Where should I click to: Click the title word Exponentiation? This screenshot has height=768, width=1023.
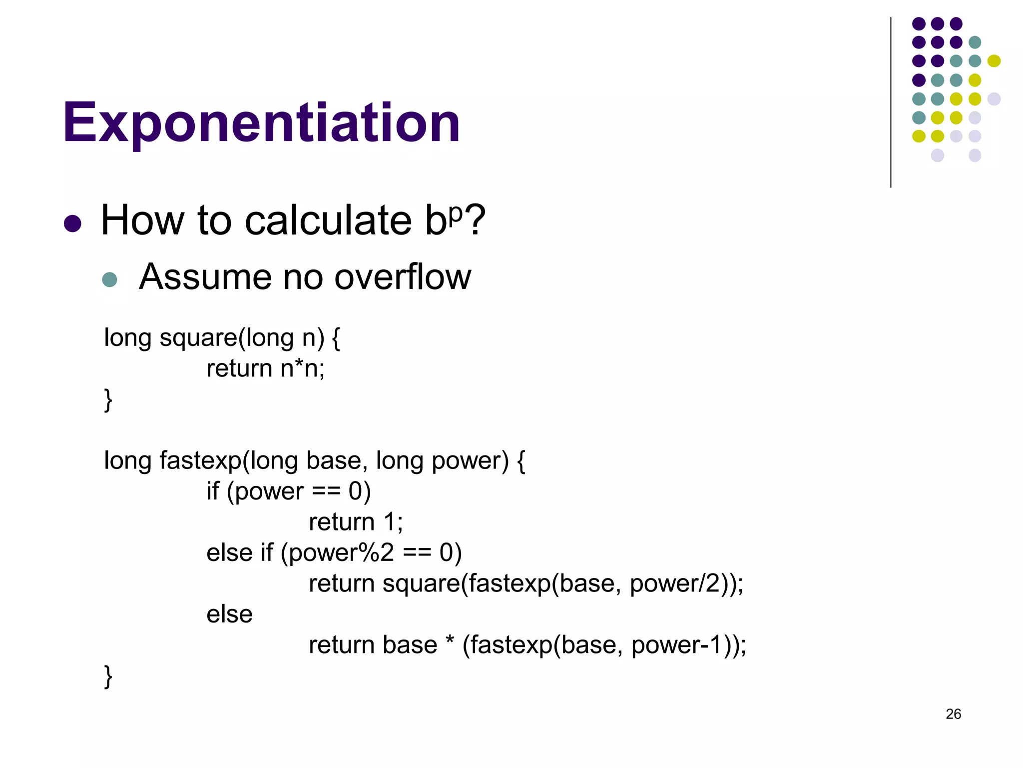[x=261, y=122]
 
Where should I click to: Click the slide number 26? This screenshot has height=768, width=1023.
[x=953, y=714]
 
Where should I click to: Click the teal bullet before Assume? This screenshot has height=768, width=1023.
[x=109, y=279]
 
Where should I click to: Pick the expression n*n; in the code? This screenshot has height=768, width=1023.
[x=302, y=369]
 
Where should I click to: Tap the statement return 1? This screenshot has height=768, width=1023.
[x=356, y=522]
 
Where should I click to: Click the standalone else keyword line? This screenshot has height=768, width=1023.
[x=229, y=614]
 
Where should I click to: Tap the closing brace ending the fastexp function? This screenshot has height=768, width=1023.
[x=108, y=676]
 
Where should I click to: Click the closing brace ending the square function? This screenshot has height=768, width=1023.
[x=108, y=400]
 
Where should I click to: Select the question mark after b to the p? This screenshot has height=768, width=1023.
[x=474, y=220]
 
